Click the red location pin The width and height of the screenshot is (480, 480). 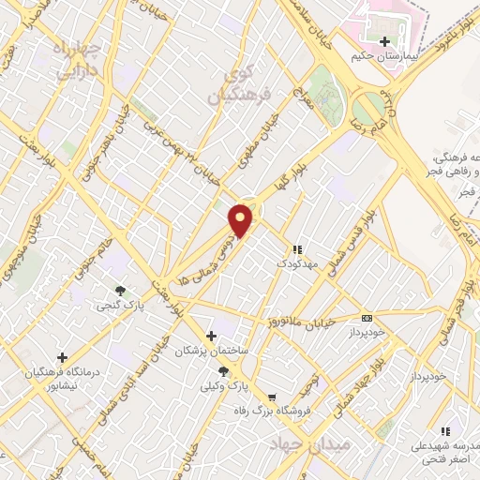coord(241,219)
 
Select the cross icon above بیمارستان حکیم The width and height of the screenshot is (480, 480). coord(385,41)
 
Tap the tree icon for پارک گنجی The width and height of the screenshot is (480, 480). coord(119,291)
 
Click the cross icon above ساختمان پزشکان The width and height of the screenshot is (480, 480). coord(212,336)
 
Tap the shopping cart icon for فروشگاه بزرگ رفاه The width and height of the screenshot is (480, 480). coord(272,397)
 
